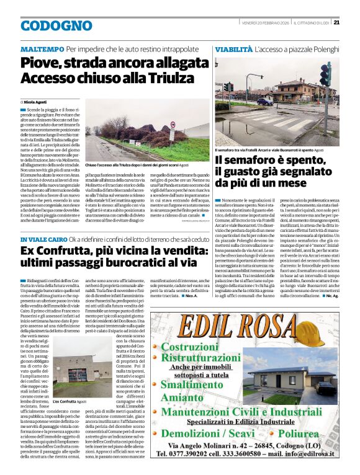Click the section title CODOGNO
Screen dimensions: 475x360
[47, 25]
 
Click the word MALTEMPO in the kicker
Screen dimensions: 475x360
[42, 49]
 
